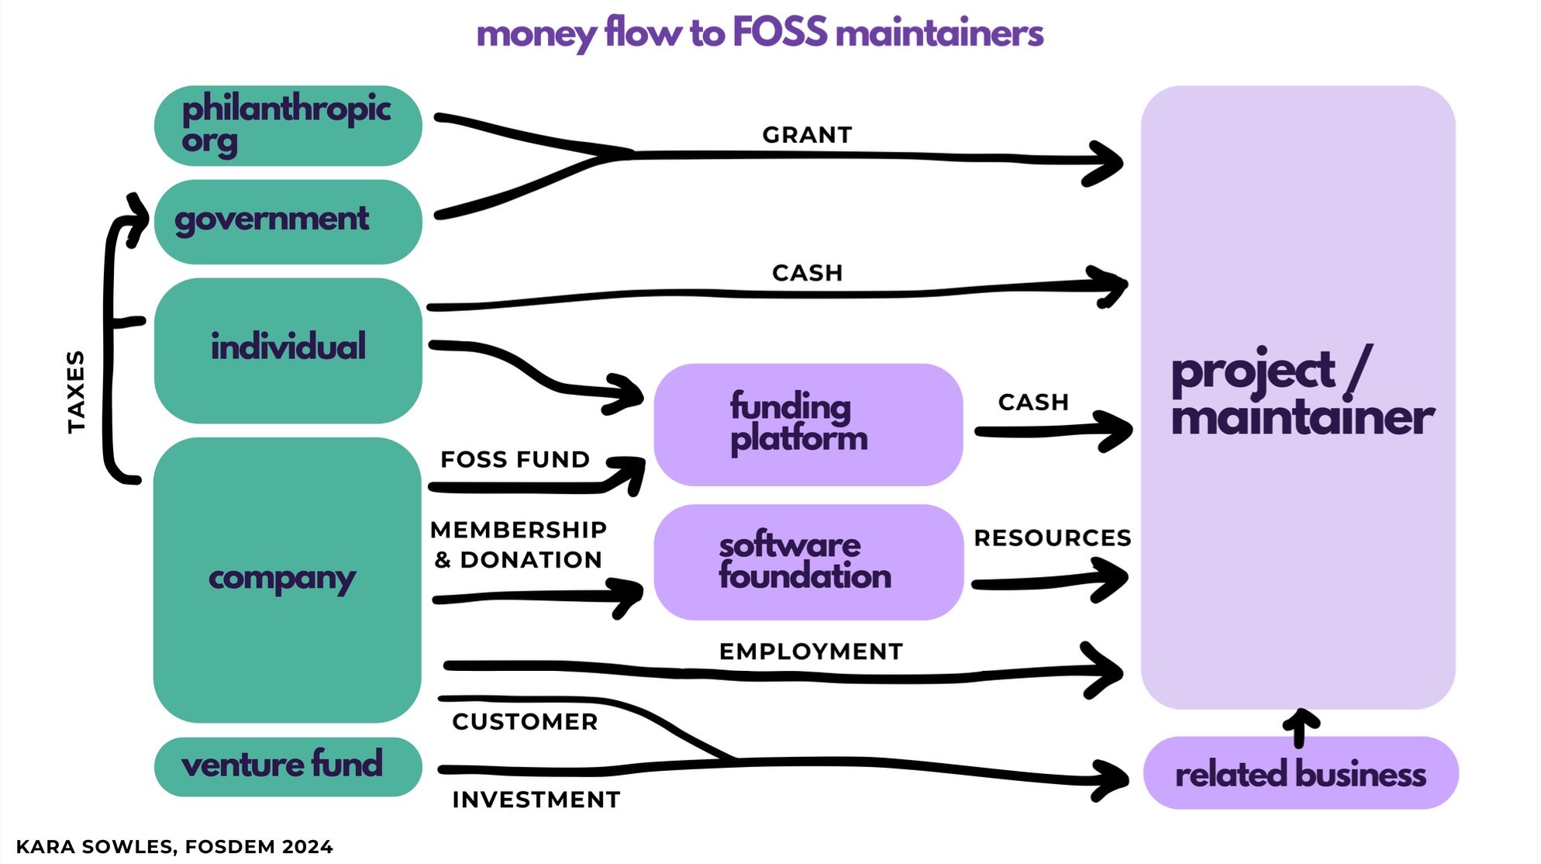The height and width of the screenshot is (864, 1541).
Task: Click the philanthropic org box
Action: coord(288,126)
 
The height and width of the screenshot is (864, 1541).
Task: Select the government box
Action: coord(288,221)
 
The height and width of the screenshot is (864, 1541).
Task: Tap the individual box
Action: coord(288,350)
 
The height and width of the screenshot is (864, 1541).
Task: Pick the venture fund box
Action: coord(288,766)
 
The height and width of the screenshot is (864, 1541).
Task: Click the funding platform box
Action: coord(808,424)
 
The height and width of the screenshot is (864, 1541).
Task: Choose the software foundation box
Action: coord(808,562)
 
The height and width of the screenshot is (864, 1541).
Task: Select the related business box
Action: coord(1300,774)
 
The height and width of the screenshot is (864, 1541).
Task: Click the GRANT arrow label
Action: coord(807,135)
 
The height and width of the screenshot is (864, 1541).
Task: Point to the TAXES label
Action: coord(76,392)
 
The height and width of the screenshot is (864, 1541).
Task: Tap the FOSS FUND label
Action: coord(515,459)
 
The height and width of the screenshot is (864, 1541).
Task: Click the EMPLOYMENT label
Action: coord(811,651)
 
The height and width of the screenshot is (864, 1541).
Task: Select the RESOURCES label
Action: coord(1052,537)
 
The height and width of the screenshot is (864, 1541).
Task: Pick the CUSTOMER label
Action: coord(525,722)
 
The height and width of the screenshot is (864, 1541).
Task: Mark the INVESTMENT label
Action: coord(536,800)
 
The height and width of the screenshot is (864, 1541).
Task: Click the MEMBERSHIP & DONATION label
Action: coord(518,544)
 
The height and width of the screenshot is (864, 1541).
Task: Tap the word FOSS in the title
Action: coord(780,33)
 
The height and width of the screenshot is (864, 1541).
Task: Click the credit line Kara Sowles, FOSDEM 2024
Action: coord(174,847)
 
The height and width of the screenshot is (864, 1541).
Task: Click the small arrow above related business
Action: coord(1301,727)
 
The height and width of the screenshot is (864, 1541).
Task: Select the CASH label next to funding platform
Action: coord(1033,403)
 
